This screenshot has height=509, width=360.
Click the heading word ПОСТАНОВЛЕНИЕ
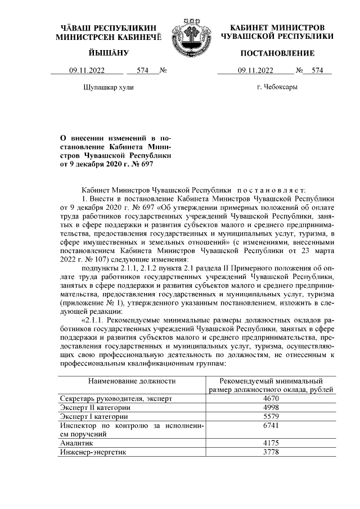click(x=277, y=53)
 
